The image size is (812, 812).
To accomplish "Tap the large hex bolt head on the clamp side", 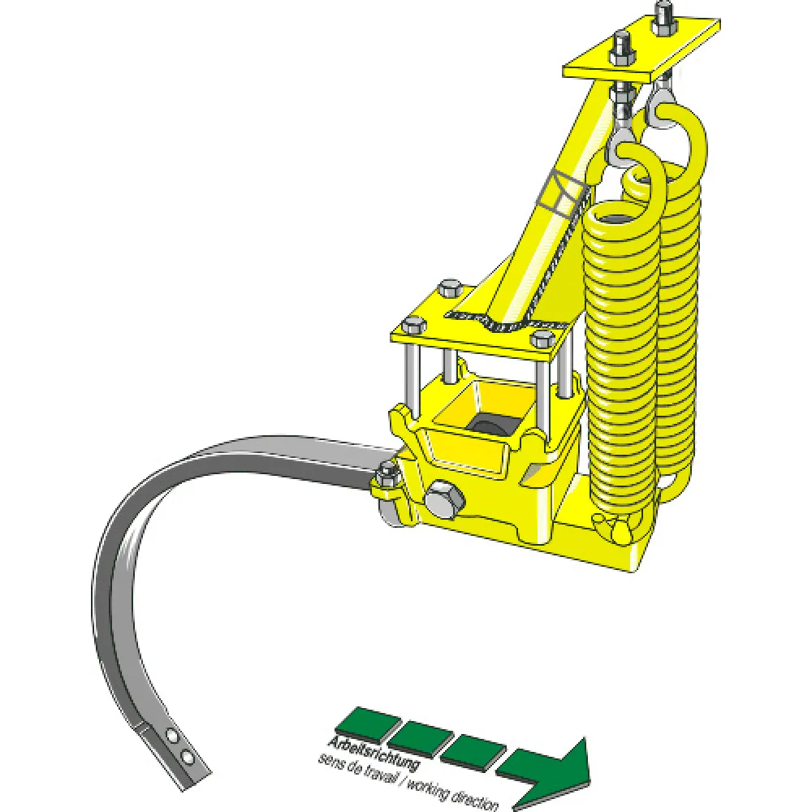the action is coord(444,500).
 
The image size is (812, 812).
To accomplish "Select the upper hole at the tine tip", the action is coord(171,734).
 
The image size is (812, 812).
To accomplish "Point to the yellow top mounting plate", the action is coord(642,50).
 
